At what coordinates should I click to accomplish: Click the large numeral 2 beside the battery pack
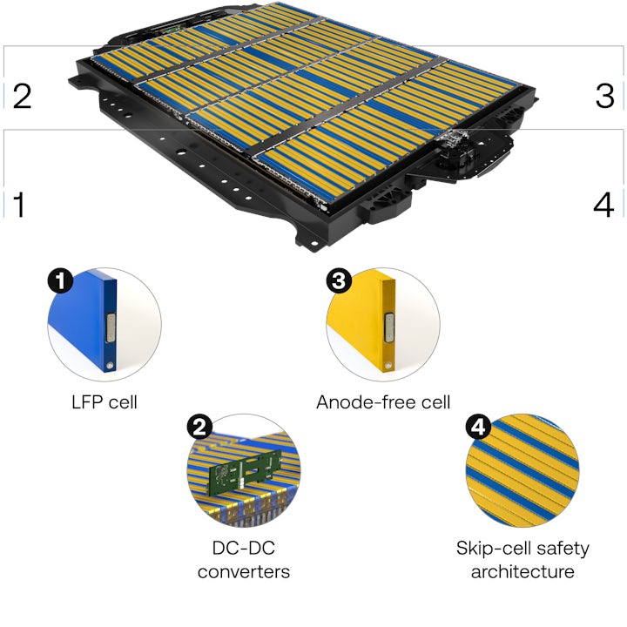tap(22, 96)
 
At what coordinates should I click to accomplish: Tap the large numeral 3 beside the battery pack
tap(605, 96)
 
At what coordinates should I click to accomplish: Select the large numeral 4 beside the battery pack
tap(604, 206)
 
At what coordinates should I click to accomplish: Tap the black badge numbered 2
tap(199, 427)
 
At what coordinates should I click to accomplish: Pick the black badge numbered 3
tap(338, 280)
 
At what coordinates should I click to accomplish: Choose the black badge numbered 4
tap(478, 428)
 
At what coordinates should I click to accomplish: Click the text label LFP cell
tap(104, 402)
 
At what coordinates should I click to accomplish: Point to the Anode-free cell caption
tap(383, 402)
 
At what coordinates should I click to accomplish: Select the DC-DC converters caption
tap(244, 560)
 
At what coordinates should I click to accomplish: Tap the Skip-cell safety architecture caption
tap(522, 560)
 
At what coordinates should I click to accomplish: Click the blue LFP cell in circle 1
tap(84, 322)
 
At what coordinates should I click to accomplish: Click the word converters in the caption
tap(244, 572)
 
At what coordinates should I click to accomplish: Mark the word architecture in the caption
tap(522, 572)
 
